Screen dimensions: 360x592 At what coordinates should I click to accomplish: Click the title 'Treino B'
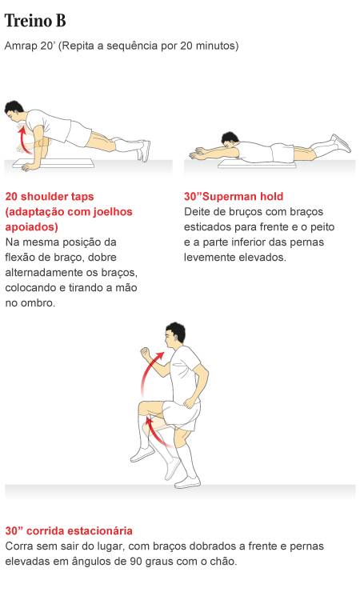[x=35, y=20]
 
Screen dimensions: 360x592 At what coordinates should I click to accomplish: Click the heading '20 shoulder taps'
[x=50, y=196]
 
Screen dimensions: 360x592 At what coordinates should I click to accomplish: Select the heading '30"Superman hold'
[x=234, y=196]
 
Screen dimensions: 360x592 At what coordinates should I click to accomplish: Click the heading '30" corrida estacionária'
[x=69, y=531]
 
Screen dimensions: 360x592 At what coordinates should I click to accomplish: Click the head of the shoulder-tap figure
[x=14, y=110]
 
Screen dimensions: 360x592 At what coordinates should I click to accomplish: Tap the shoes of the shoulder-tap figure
[x=143, y=150]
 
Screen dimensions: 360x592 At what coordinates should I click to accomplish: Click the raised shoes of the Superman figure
[x=341, y=142]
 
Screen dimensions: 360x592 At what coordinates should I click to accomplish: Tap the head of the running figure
[x=174, y=335]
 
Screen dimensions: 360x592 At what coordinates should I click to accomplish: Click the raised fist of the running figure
[x=146, y=354]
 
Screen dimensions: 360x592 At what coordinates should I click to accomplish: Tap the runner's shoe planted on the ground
[x=187, y=482]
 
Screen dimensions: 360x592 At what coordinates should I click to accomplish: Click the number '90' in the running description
[x=136, y=562]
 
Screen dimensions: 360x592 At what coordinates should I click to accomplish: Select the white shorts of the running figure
[x=181, y=414]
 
